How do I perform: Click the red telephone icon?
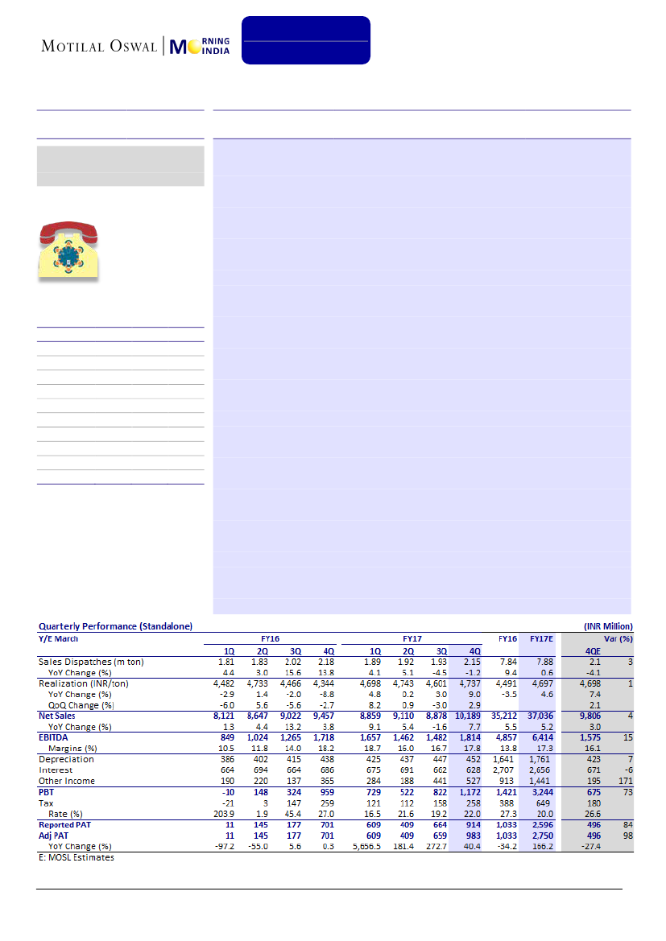(68, 251)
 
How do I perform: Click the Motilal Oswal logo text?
(100, 46)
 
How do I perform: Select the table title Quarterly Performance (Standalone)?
(115, 625)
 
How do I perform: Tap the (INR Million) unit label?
(608, 625)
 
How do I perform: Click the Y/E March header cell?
(59, 638)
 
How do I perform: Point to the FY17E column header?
(540, 638)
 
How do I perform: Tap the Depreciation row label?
(66, 759)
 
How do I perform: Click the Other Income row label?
(67, 781)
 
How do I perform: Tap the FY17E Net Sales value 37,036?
(541, 715)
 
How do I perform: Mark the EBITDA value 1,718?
(324, 737)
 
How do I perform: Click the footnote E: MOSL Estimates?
(77, 857)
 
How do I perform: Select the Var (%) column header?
(618, 638)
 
